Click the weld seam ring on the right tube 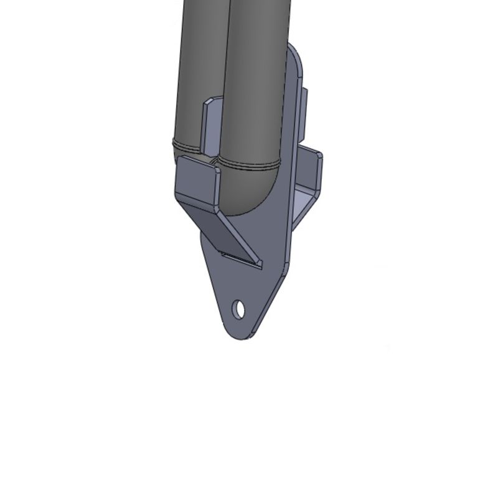pyautogui.click(x=249, y=166)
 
